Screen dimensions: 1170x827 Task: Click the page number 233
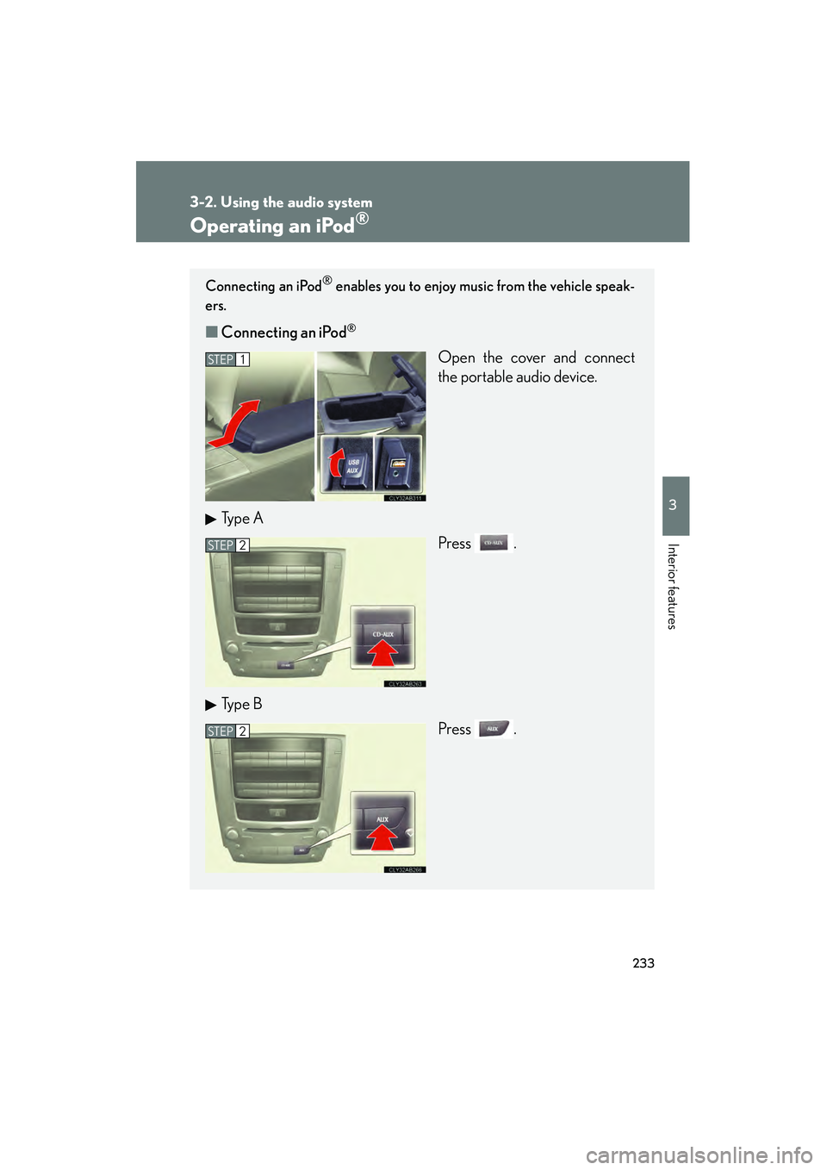pyautogui.click(x=643, y=963)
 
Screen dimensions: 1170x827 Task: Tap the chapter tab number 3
pyautogui.click(x=673, y=505)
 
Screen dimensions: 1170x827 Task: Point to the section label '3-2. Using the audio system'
pyautogui.click(x=281, y=202)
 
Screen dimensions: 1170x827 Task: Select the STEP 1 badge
pyautogui.click(x=227, y=359)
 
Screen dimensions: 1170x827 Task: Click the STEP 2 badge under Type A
pyautogui.click(x=227, y=545)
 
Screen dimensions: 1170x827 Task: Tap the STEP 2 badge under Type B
pyautogui.click(x=227, y=731)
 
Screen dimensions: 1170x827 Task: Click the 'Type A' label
pyautogui.click(x=241, y=519)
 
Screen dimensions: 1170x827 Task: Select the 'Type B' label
pyautogui.click(x=241, y=705)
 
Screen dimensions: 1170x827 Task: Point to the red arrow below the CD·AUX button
pyautogui.click(x=382, y=653)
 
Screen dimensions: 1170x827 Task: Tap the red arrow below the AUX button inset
pyautogui.click(x=382, y=837)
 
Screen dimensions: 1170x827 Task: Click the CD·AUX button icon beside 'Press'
pyautogui.click(x=494, y=544)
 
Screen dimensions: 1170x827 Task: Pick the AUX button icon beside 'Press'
pyautogui.click(x=494, y=729)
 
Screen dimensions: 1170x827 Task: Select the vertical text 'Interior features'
pyautogui.click(x=673, y=586)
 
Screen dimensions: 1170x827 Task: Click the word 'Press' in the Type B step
pyautogui.click(x=454, y=729)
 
